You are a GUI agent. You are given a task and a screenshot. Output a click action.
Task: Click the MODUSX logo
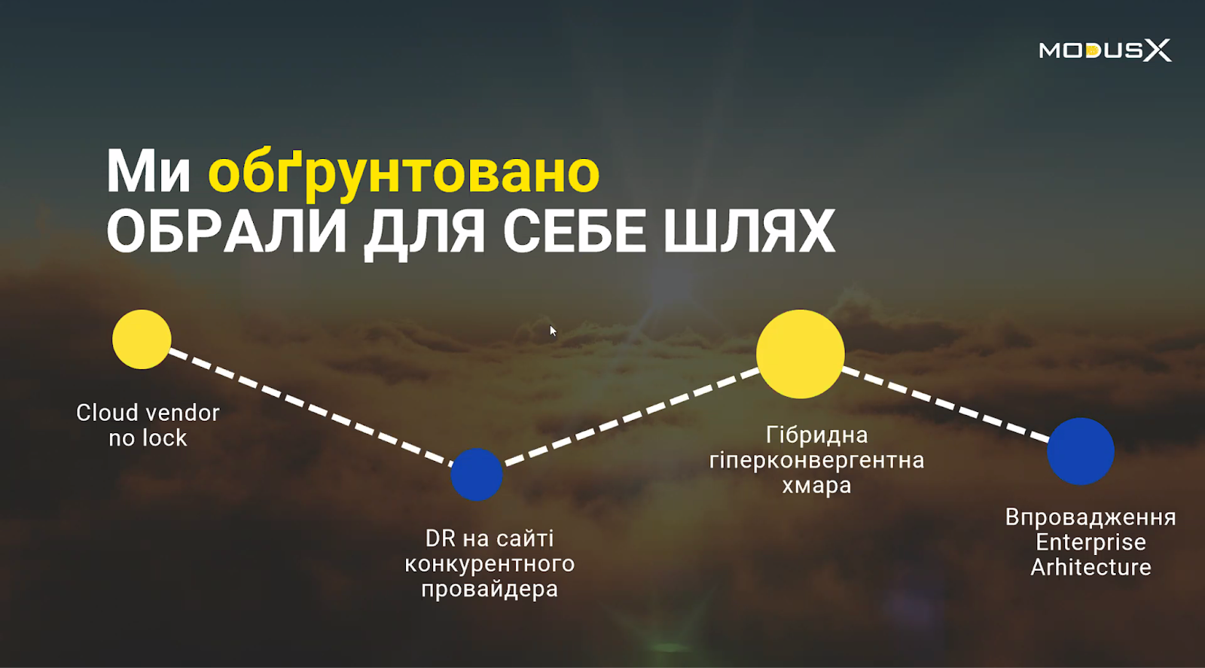click(x=1105, y=50)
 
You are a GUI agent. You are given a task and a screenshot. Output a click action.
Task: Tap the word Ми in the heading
click(x=148, y=172)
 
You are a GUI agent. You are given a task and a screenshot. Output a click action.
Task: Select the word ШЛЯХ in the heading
click(x=749, y=231)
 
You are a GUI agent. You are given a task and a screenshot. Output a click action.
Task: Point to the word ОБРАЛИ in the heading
click(x=227, y=231)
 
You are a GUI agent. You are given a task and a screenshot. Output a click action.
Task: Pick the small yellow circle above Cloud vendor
click(x=142, y=340)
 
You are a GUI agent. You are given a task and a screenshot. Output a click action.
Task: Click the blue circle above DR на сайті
click(x=477, y=474)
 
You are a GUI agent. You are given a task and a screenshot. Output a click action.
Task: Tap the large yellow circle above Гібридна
click(x=801, y=354)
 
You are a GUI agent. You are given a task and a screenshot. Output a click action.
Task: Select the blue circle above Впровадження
click(x=1081, y=451)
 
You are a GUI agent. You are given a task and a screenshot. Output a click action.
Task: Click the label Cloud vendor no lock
click(x=148, y=426)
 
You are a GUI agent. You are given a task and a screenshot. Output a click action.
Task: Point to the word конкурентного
click(x=490, y=564)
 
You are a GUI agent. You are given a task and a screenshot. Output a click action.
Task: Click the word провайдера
click(x=490, y=590)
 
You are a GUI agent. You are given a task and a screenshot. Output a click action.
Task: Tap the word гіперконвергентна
click(x=816, y=460)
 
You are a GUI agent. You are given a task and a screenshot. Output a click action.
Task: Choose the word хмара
click(x=816, y=486)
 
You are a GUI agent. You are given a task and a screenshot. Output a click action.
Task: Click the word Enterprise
click(x=1091, y=542)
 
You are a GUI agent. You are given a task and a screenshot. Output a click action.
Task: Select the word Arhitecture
click(x=1091, y=567)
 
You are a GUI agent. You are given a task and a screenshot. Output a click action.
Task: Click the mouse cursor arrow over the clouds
click(x=553, y=331)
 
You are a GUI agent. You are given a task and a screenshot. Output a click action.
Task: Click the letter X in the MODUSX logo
click(x=1157, y=50)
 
